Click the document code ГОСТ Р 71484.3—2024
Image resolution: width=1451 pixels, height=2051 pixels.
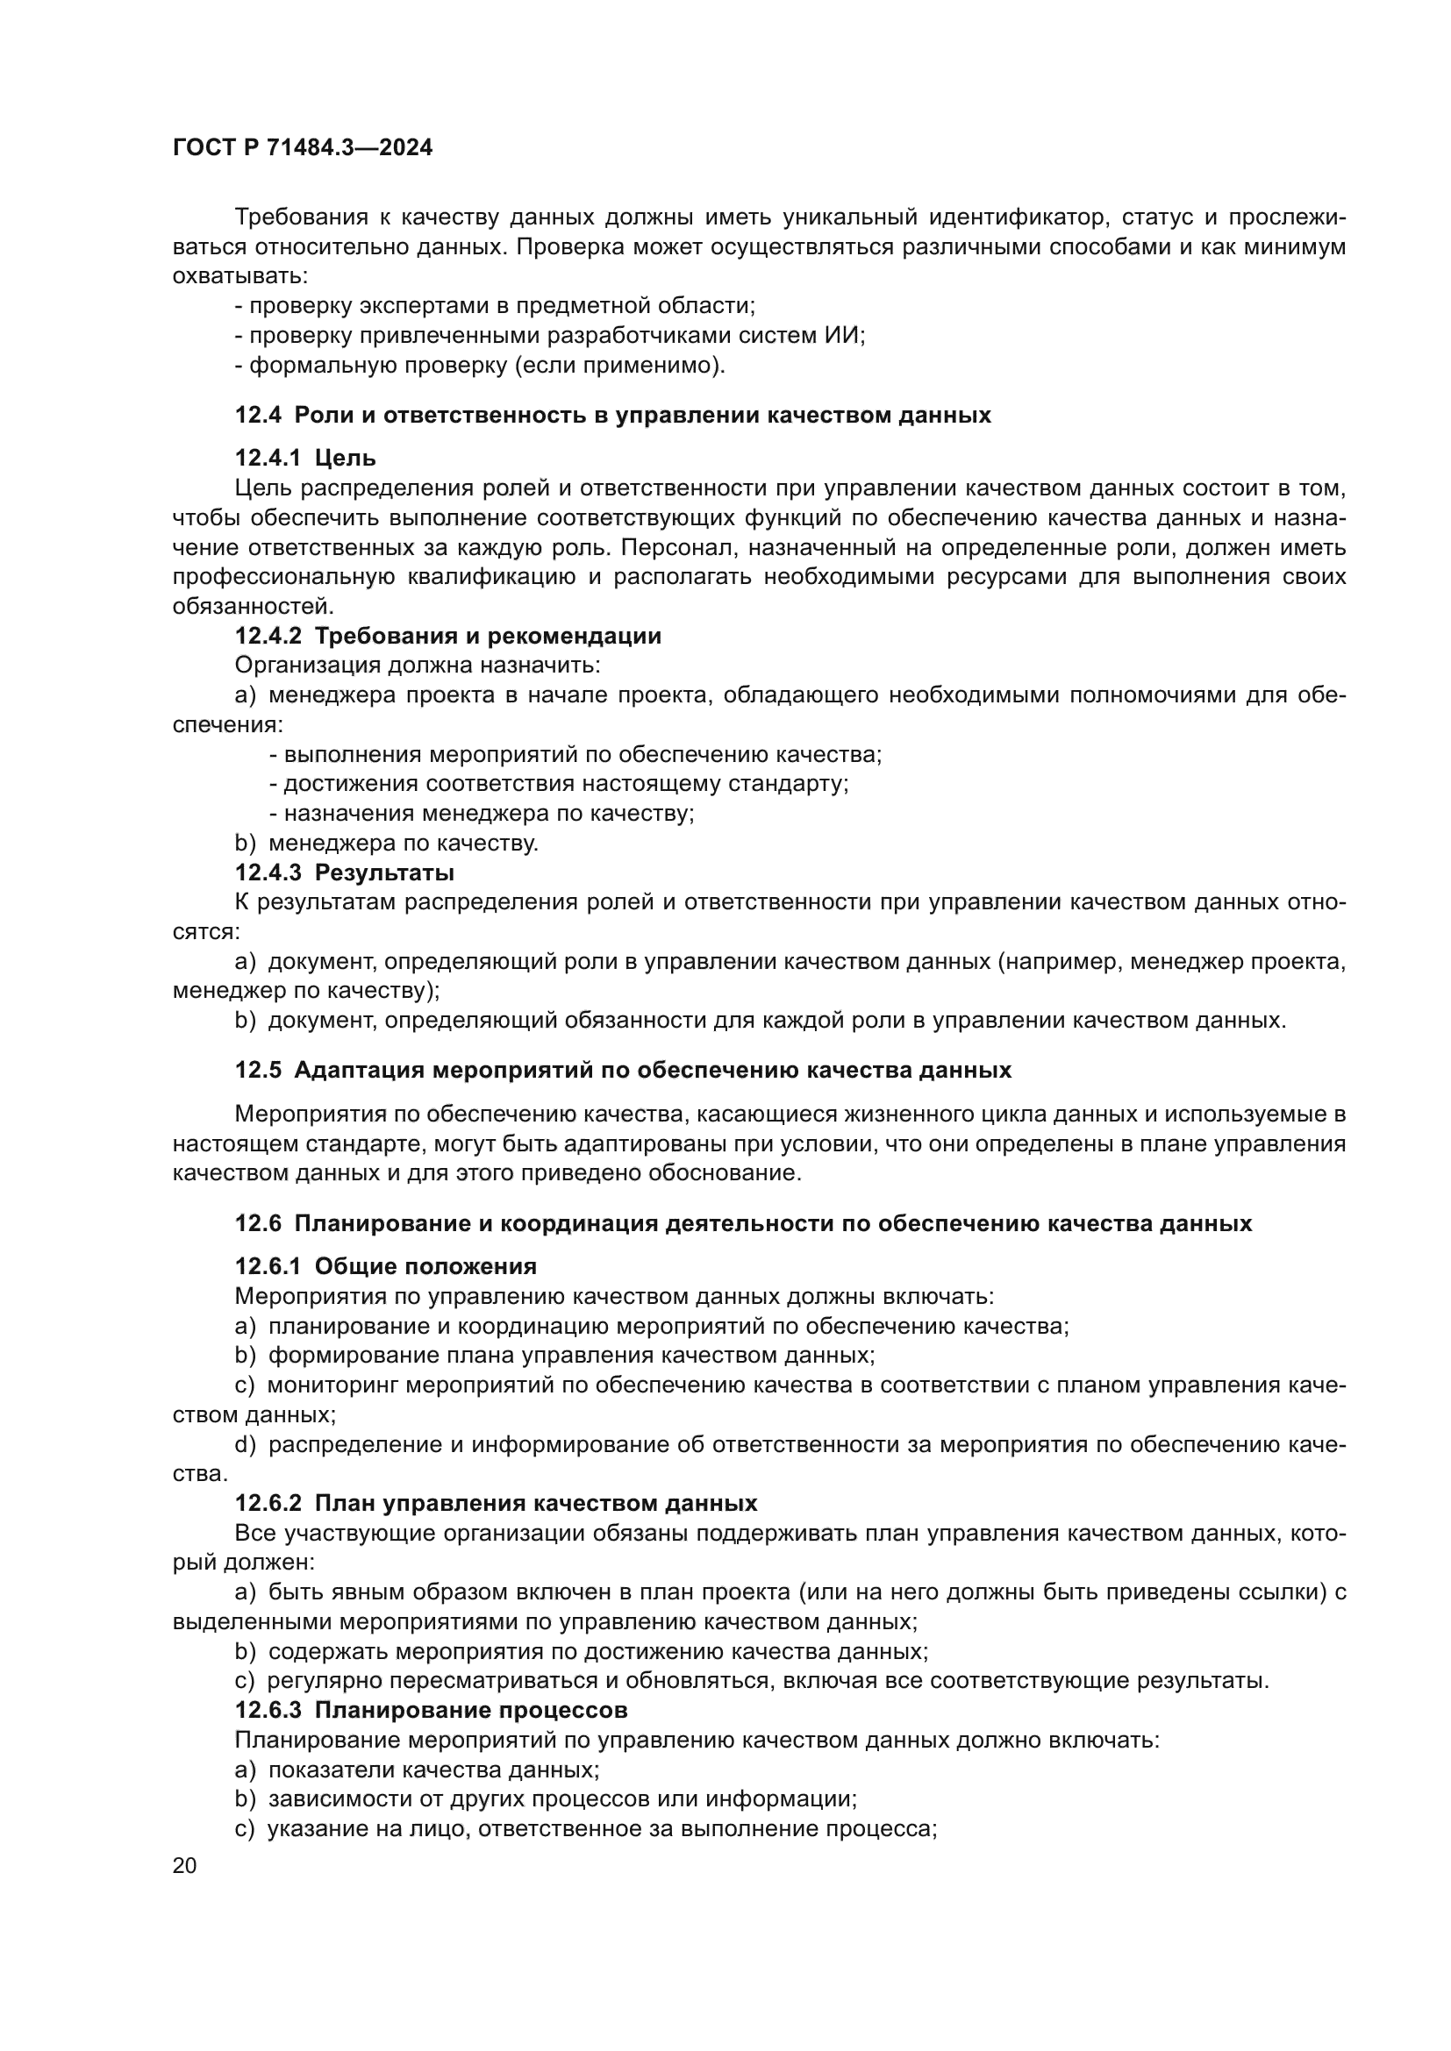[302, 147]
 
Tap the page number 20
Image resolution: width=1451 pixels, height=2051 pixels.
[185, 1865]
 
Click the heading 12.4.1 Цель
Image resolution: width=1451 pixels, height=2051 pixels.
[305, 459]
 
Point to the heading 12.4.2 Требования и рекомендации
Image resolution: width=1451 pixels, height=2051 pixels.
[447, 636]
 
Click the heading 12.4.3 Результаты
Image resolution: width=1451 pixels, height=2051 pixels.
[344, 872]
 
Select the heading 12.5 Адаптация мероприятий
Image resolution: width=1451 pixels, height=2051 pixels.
[623, 1070]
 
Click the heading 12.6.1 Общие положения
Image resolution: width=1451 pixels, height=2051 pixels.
[385, 1267]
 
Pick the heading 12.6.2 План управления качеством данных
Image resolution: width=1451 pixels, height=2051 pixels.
[496, 1503]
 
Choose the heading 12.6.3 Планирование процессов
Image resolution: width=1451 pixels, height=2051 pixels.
[431, 1710]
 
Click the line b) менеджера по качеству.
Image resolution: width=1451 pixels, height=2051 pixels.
[386, 843]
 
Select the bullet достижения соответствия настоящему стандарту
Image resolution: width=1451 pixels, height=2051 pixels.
[560, 783]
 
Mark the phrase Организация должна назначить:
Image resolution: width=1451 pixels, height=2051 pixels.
[418, 666]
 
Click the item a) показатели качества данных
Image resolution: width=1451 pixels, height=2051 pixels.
[418, 1770]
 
